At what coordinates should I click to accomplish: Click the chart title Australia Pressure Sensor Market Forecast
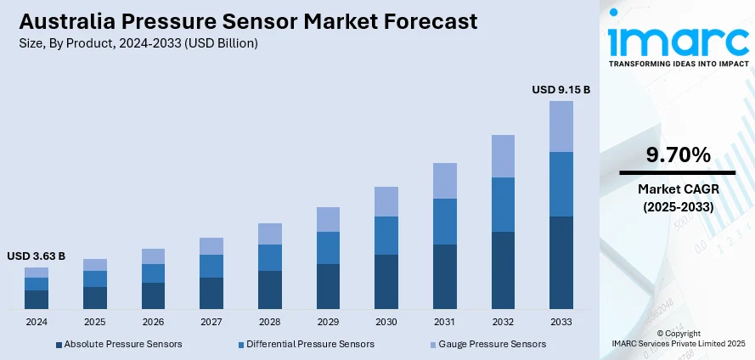pyautogui.click(x=245, y=20)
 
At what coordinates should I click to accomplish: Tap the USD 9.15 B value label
pyautogui.click(x=561, y=89)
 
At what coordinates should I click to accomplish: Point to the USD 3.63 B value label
pyautogui.click(x=37, y=256)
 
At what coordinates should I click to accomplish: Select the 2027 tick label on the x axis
pyautogui.click(x=211, y=323)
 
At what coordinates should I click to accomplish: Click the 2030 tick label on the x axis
pyautogui.click(x=386, y=323)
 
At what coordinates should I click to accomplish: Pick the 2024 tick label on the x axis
pyautogui.click(x=37, y=323)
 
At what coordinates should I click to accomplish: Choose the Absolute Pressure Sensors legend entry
pyautogui.click(x=118, y=344)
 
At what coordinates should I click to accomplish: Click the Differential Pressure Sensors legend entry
pyautogui.click(x=306, y=344)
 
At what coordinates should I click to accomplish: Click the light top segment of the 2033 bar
pyautogui.click(x=561, y=127)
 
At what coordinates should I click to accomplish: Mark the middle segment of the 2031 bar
pyautogui.click(x=444, y=222)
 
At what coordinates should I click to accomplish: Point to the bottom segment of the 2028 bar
pyautogui.click(x=270, y=290)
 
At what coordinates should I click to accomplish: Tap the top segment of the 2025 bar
pyautogui.click(x=95, y=265)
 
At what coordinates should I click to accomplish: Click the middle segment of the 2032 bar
pyautogui.click(x=503, y=205)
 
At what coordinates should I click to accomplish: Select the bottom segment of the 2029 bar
pyautogui.click(x=328, y=286)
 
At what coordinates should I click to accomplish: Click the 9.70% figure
pyautogui.click(x=677, y=155)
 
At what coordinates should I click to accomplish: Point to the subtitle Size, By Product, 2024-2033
pyautogui.click(x=137, y=42)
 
